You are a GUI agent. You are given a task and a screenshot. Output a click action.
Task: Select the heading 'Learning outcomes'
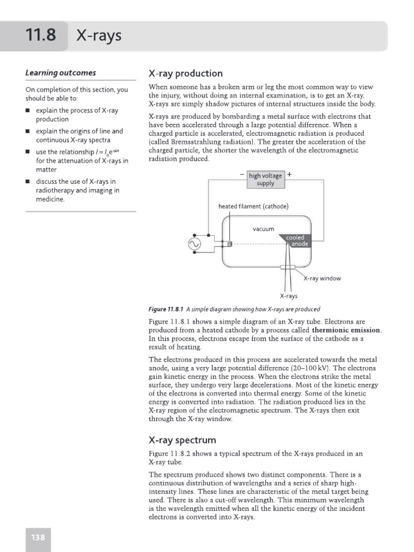click(x=60, y=73)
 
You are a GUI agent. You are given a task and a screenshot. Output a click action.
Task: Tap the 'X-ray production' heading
click(x=185, y=73)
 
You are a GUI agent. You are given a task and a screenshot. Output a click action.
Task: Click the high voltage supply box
click(x=265, y=180)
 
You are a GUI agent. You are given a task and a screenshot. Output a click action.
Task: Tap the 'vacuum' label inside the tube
click(x=264, y=229)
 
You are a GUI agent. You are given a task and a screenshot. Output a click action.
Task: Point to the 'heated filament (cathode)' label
click(x=253, y=206)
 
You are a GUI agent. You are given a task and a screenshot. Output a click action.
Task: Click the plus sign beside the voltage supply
click(x=290, y=175)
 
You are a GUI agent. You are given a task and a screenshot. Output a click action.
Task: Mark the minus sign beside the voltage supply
click(x=241, y=175)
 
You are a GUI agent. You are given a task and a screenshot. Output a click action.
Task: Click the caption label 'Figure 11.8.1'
click(x=166, y=309)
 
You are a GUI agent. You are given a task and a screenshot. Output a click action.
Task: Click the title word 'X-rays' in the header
click(x=99, y=36)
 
